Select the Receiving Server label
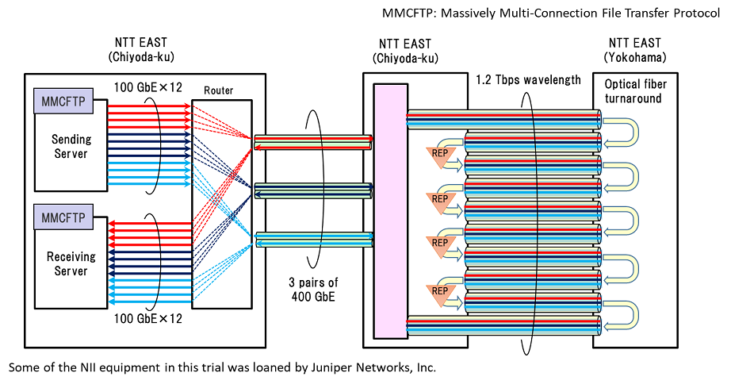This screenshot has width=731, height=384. pos(71,264)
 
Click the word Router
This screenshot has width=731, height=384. pos(219,90)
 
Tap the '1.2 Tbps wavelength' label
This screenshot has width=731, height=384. pos(528,80)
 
